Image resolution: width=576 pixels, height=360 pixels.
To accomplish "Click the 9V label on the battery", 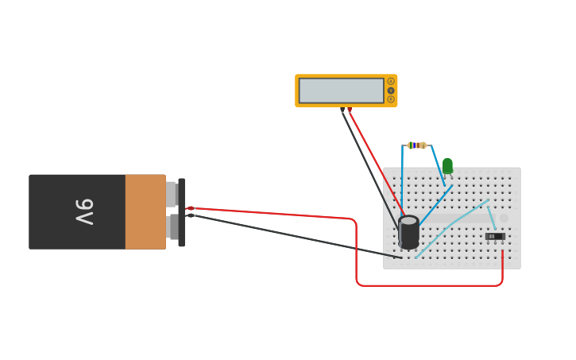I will (84, 211).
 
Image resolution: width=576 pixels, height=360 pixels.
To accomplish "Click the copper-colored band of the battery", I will (145, 211).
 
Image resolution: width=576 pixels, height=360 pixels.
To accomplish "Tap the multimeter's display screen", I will (342, 91).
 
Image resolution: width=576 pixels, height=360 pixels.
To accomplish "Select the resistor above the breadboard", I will (416, 145).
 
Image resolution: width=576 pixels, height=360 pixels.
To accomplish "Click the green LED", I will (447, 165).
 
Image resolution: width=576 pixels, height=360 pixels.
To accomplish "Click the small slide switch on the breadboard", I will (494, 236).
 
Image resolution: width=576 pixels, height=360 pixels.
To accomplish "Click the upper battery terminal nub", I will (171, 194).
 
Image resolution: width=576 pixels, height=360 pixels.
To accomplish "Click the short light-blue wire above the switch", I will (491, 215).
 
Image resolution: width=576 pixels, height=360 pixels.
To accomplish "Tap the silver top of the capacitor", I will (408, 221).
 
